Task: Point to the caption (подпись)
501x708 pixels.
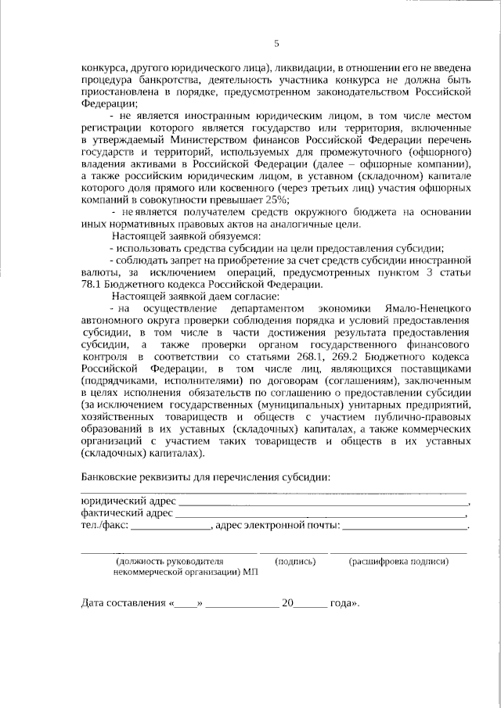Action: tap(294, 562)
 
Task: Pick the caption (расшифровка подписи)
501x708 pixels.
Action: tap(399, 562)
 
